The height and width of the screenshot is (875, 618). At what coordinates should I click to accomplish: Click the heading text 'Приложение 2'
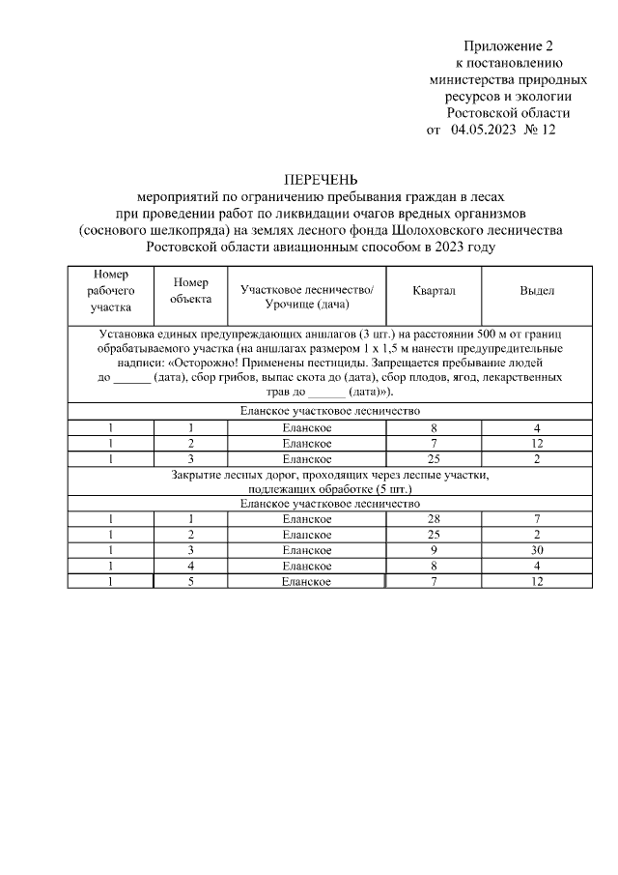tap(509, 45)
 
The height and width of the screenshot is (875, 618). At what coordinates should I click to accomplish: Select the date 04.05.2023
tap(483, 129)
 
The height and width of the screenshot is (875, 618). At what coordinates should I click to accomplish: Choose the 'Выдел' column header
tap(537, 290)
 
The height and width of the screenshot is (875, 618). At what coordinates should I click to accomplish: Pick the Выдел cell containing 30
tap(537, 550)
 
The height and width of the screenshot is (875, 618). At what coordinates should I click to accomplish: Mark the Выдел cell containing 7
tap(537, 520)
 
